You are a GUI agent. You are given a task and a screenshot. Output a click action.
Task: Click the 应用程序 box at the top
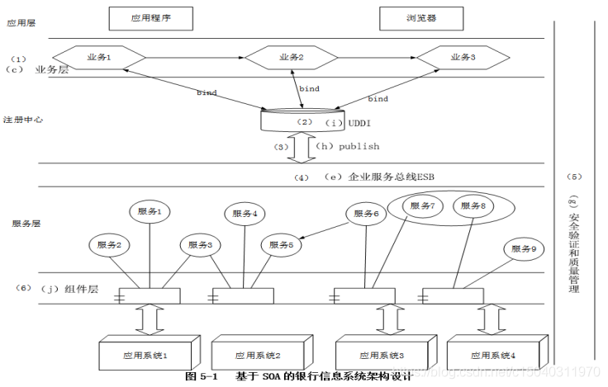(150, 17)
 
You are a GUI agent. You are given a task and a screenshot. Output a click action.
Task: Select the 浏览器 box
(421, 17)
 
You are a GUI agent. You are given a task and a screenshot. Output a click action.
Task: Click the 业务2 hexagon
(291, 58)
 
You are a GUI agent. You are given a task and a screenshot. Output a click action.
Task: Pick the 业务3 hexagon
(460, 58)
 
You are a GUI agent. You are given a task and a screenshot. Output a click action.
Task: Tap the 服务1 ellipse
(150, 212)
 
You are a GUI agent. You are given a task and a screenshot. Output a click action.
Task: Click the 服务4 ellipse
(244, 213)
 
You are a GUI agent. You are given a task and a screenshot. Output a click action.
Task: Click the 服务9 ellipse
(524, 248)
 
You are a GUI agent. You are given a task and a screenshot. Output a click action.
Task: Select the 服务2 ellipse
(109, 244)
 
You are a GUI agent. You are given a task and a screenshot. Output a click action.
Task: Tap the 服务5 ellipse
(278, 244)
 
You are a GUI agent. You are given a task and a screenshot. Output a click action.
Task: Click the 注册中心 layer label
(22, 120)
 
